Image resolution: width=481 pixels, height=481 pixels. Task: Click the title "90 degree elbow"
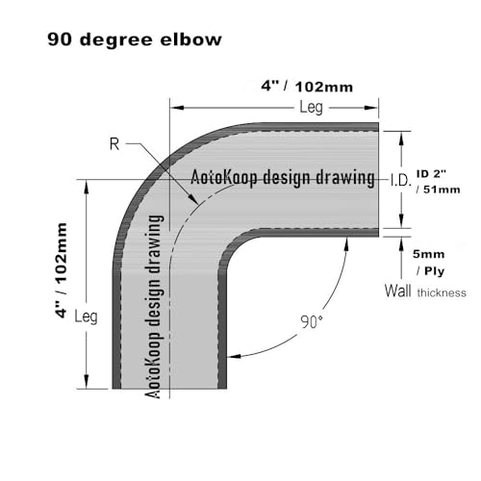coord(135,39)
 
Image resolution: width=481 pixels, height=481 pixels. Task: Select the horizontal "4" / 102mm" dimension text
coord(307,87)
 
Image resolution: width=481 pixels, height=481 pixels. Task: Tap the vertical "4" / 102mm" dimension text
coord(61,270)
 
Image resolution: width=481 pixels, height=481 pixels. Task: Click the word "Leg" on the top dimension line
coord(311,107)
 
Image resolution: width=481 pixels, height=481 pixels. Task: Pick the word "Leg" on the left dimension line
coord(86,316)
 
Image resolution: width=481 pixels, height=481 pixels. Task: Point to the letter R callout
coord(114,144)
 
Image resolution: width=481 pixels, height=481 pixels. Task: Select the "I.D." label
coord(401,181)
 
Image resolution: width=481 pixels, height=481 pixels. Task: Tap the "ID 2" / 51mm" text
coord(439,182)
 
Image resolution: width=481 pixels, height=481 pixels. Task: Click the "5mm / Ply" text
coord(429,263)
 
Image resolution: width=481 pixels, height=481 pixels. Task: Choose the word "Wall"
coord(397,291)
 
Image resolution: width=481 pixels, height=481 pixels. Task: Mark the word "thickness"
coord(442,292)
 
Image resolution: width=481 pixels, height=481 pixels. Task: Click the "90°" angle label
coord(311,321)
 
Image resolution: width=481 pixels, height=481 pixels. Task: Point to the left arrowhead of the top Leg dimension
coord(176,108)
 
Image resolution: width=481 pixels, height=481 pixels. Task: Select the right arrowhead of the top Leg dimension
coord(372,108)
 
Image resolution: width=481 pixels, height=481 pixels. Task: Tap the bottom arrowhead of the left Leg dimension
coord(86,382)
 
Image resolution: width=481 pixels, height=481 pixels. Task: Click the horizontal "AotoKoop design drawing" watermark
coord(283,177)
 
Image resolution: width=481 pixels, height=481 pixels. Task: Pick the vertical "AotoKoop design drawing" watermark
coord(154,307)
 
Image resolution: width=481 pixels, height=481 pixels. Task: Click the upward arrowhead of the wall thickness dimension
coord(401,244)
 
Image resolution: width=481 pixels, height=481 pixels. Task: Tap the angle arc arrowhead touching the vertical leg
coord(234,356)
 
